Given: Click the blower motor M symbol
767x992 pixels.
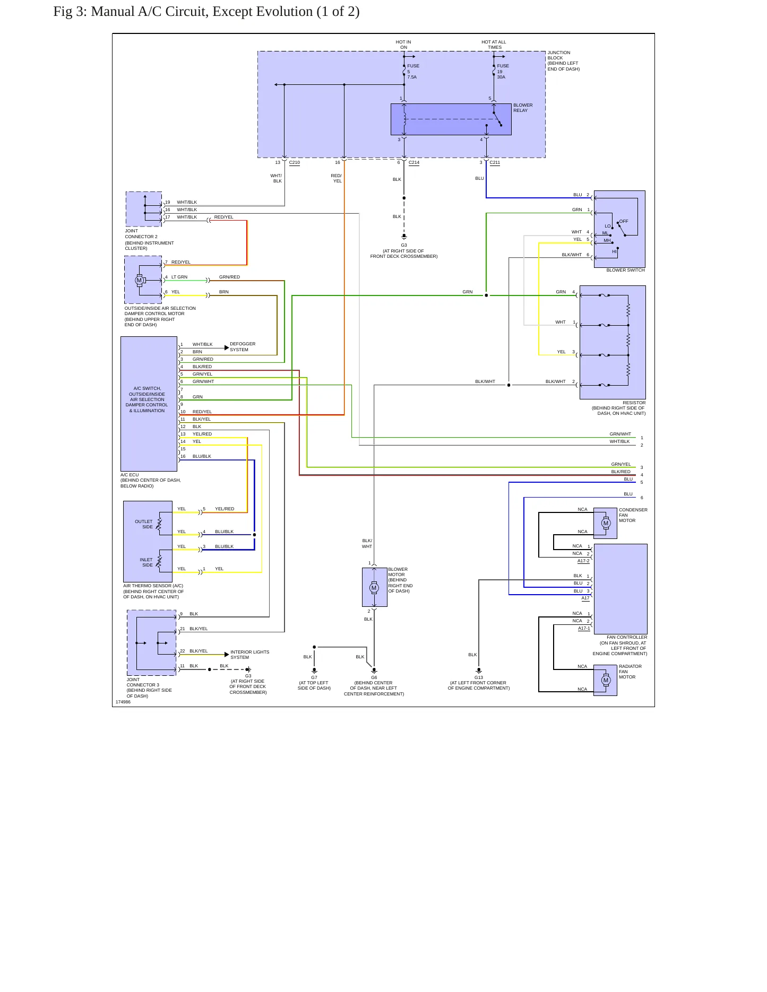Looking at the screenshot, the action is tap(374, 588).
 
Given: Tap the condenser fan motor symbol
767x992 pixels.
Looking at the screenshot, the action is tap(606, 523).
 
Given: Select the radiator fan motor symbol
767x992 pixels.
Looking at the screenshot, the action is tap(606, 680).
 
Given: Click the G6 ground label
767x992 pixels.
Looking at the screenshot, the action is tap(374, 677).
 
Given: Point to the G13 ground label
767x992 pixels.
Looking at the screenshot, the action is tap(479, 677).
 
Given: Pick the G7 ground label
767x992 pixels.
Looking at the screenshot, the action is tap(314, 677).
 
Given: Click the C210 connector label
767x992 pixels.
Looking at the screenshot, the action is tap(295, 163).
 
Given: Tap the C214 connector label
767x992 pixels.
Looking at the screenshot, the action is tap(414, 163).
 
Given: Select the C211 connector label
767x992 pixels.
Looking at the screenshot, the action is tap(495, 163).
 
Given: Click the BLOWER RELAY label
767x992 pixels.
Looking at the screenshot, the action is tap(523, 108).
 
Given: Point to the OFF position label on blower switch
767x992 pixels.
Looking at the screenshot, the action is tap(624, 221).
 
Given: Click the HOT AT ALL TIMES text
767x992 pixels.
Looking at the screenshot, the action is tap(494, 45).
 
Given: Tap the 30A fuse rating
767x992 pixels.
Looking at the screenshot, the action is tap(501, 77).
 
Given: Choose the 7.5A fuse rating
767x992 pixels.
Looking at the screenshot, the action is tap(412, 77).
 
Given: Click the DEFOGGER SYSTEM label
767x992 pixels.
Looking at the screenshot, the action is tap(243, 347).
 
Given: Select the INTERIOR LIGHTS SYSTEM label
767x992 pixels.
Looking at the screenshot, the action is tap(250, 655).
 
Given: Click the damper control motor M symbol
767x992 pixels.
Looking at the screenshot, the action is tap(139, 280).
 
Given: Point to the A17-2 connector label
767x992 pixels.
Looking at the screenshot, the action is tap(583, 561).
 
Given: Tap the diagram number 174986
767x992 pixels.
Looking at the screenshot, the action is tap(123, 702).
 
